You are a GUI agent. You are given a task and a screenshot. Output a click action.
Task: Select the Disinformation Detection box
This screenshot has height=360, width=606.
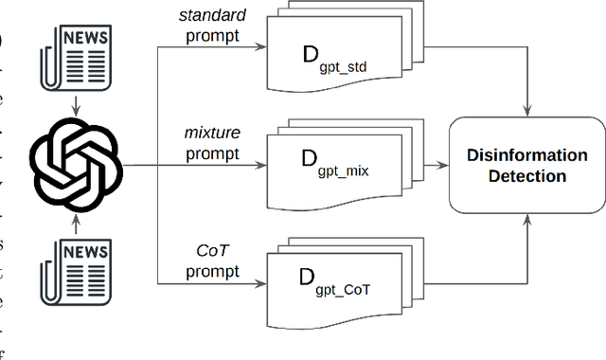[x=527, y=165]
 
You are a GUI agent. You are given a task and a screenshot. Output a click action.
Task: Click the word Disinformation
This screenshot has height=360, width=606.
[x=527, y=155]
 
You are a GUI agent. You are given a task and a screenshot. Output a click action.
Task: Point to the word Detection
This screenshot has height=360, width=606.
[x=527, y=176]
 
